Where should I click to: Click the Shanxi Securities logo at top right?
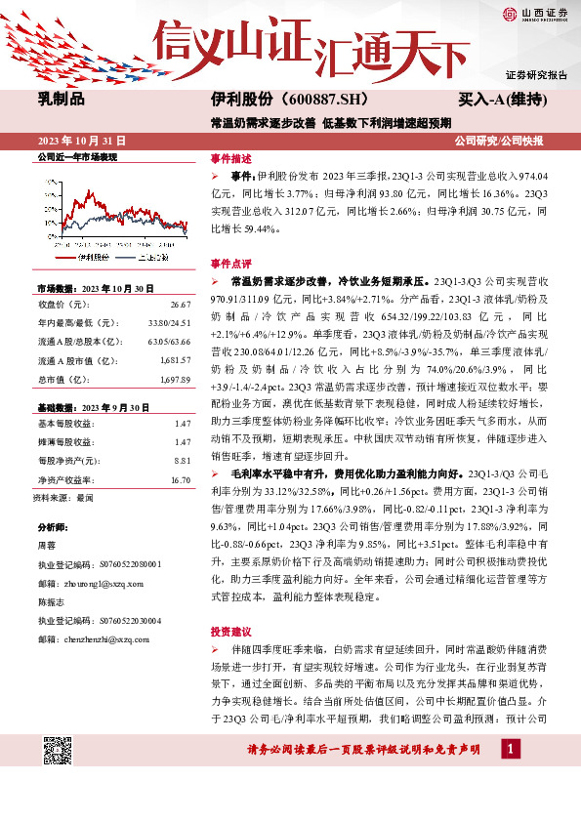535,14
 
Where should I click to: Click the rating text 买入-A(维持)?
502,100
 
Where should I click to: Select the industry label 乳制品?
62,100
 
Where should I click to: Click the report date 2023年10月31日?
76,140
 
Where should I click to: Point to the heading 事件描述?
231,158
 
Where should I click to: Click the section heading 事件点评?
231,264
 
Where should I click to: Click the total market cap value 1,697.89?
174,378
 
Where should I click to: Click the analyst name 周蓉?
48,547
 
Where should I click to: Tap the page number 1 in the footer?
511,776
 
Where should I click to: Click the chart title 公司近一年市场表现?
77,157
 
